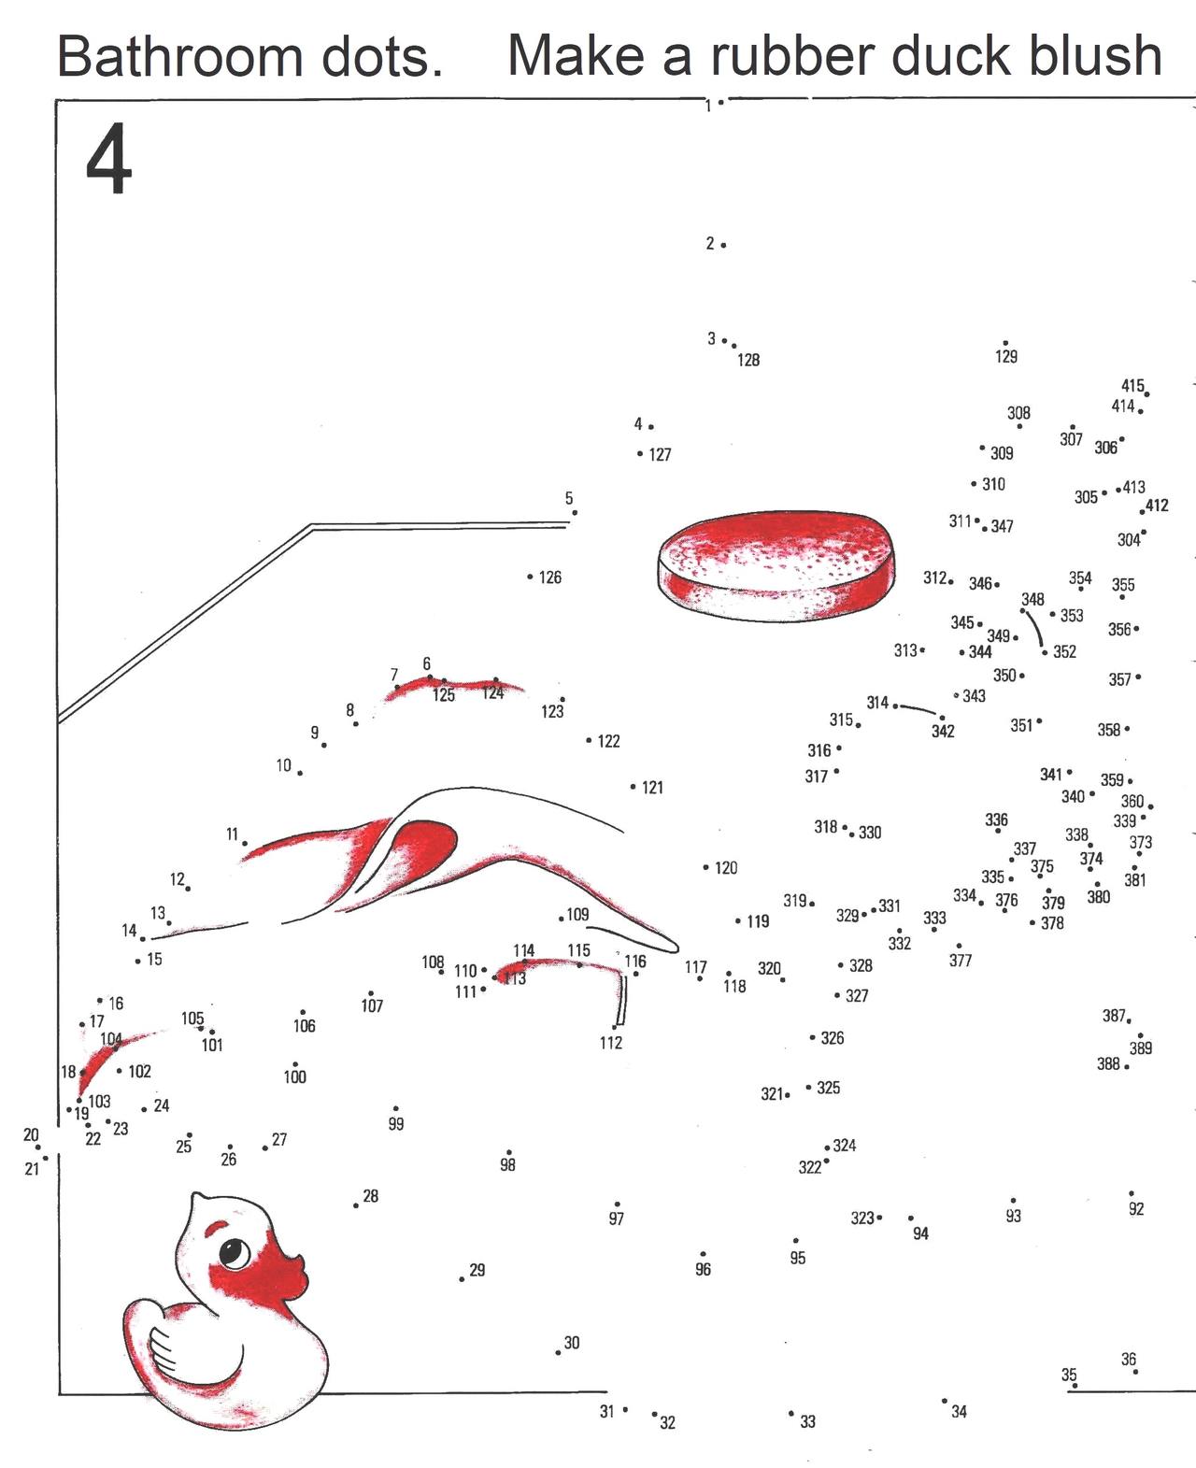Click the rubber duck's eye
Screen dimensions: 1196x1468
pos(235,1252)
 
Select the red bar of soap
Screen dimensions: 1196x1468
pos(776,566)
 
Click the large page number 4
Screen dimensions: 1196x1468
pos(108,159)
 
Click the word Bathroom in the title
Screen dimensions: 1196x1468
pos(178,56)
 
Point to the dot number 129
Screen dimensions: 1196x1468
pos(1005,343)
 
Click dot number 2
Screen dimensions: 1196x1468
pos(722,245)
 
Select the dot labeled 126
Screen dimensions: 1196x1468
pos(530,577)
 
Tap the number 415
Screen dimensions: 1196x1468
pos(1132,385)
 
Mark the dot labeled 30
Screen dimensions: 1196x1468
pos(558,1352)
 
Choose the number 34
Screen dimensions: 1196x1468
pos(959,1412)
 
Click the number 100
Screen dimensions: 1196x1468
pos(295,1076)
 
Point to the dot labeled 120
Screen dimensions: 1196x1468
pos(705,867)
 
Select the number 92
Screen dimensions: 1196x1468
pos(1136,1208)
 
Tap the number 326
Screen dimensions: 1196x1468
pos(833,1037)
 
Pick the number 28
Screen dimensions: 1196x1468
pos(371,1196)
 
